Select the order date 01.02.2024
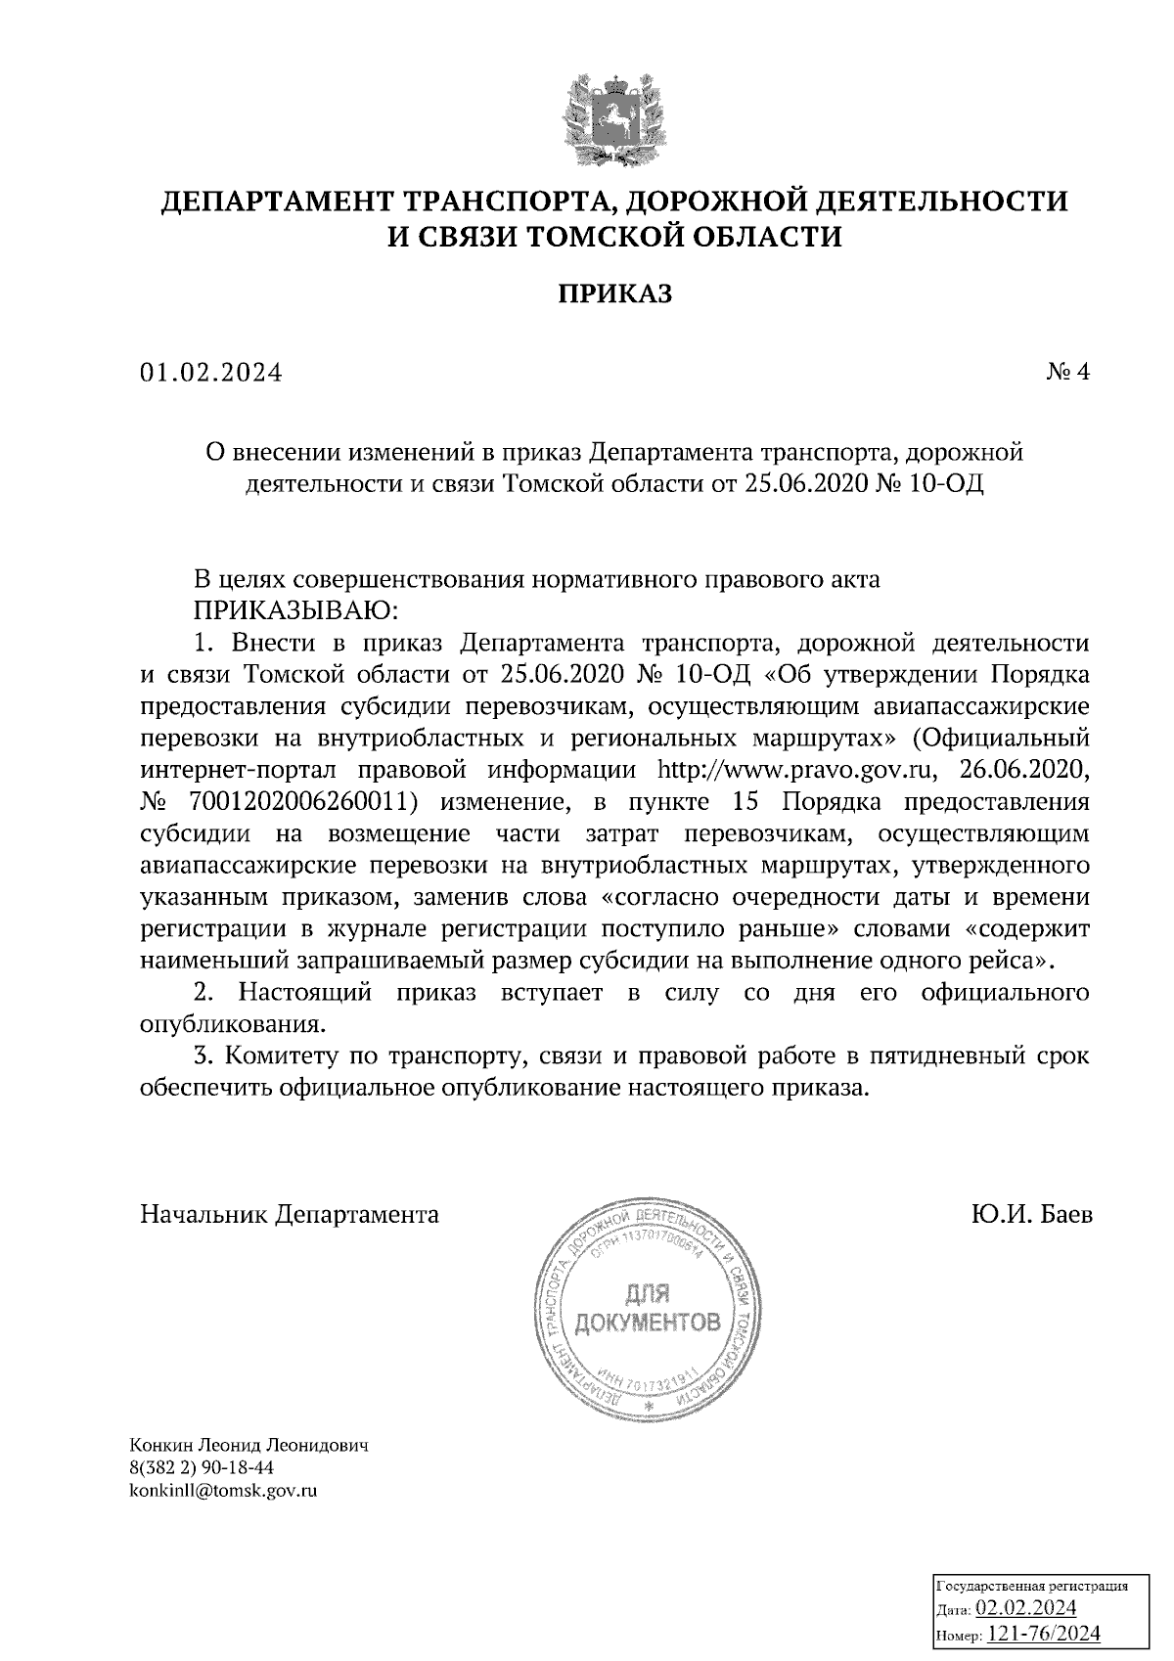210,374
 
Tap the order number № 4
1068,373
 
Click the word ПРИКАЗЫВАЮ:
294,611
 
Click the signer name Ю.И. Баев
1032,1215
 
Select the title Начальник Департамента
290,1215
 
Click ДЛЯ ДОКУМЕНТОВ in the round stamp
648,1309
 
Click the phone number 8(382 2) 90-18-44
202,1468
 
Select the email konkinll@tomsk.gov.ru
224,1491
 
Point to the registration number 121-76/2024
1045,1634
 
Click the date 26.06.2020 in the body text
1017,770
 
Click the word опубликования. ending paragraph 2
232,1025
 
